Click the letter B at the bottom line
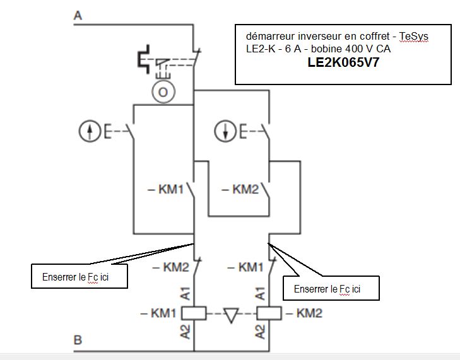click(x=78, y=340)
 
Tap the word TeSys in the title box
click(x=413, y=37)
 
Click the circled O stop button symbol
click(x=163, y=92)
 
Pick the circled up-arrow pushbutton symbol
click(x=89, y=132)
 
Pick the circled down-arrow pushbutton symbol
click(x=225, y=132)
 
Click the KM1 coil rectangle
click(x=194, y=313)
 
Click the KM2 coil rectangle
click(x=269, y=313)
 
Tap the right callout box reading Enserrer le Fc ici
click(x=331, y=289)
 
